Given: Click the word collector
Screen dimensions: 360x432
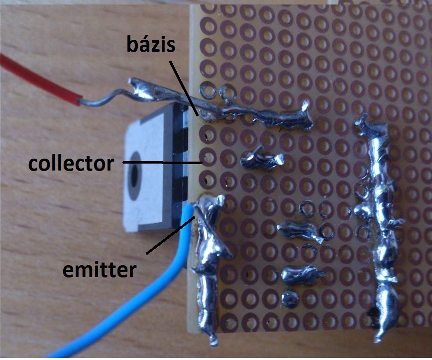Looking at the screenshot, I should point(71,163).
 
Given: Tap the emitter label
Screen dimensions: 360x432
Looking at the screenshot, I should point(100,270).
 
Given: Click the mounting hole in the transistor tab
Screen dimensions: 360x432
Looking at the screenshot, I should point(135,176).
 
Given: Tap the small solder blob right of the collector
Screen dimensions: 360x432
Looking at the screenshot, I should point(262,160).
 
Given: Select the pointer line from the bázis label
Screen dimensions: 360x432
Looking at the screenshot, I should point(184,87).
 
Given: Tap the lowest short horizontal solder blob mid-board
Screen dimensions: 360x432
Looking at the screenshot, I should point(301,274).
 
